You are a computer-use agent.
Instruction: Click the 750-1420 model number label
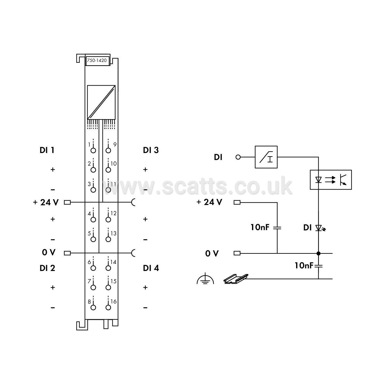[x=97, y=60]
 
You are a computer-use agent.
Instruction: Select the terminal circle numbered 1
[x=93, y=151]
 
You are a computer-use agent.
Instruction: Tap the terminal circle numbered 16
[x=108, y=308]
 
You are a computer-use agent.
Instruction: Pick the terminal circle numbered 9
[x=108, y=151]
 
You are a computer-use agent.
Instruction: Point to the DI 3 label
[x=151, y=150]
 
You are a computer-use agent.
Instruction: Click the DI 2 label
[x=47, y=268]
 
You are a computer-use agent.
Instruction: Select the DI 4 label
[x=151, y=268]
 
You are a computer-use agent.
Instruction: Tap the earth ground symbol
[x=205, y=279]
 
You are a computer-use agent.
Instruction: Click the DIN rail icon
[x=236, y=279]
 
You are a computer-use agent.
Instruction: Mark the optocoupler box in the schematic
[x=331, y=180]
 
